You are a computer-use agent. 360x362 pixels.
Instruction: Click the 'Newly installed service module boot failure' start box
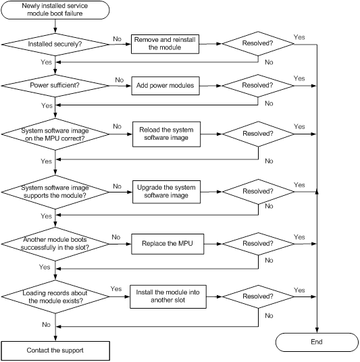click(x=55, y=10)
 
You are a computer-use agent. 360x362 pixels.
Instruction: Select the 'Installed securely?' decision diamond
click(x=55, y=45)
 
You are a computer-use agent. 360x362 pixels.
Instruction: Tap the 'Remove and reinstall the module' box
click(x=165, y=44)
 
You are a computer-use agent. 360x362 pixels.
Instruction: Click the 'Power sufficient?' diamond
click(x=55, y=86)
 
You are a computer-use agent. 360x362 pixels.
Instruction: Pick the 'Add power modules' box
click(x=165, y=86)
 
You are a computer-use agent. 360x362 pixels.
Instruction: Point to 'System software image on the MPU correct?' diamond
click(x=55, y=134)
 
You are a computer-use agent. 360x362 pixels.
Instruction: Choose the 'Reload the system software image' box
click(x=166, y=134)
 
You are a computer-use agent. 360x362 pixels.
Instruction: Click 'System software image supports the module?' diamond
click(x=55, y=192)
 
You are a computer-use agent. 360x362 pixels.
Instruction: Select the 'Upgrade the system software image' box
click(x=166, y=192)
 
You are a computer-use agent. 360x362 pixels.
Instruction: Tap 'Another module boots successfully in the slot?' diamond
click(x=55, y=244)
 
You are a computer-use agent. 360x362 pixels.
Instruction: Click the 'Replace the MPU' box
click(x=168, y=244)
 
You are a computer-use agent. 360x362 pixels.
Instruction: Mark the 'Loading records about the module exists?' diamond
click(x=55, y=296)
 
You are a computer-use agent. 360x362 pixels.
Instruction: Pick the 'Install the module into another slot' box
click(x=168, y=296)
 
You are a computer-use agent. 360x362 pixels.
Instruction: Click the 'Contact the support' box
click(x=55, y=351)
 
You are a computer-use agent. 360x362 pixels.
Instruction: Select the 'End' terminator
click(x=317, y=342)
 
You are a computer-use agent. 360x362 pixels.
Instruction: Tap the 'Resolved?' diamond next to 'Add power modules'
click(x=258, y=86)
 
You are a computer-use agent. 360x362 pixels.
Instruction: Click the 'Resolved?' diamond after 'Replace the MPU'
click(x=258, y=244)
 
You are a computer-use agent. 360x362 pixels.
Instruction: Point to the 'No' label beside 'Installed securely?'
click(x=117, y=39)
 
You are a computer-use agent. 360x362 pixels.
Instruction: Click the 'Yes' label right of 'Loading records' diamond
click(x=116, y=289)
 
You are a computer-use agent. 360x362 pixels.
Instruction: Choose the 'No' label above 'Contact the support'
click(x=46, y=325)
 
